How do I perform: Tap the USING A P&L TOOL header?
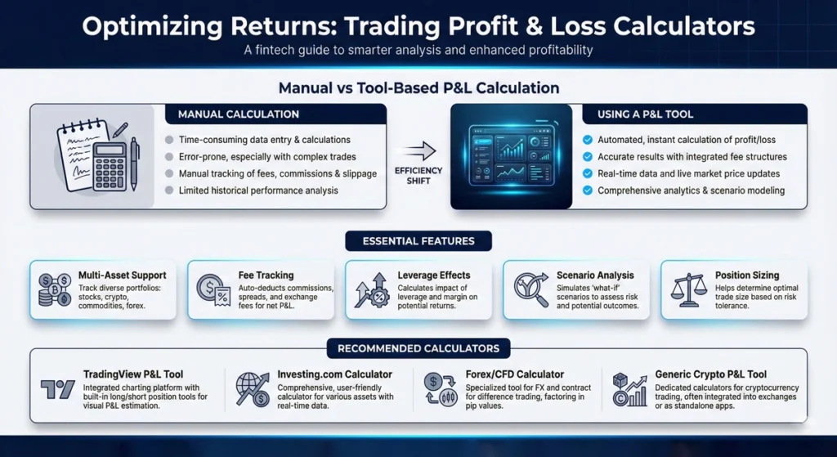[696, 114]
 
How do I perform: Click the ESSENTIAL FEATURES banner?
[418, 240]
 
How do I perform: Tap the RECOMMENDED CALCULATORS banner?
[418, 348]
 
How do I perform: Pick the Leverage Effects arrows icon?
[370, 289]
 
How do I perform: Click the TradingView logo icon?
[58, 390]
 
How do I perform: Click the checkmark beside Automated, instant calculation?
[587, 140]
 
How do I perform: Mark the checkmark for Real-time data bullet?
[587, 173]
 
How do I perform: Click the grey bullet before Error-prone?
[168, 156]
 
